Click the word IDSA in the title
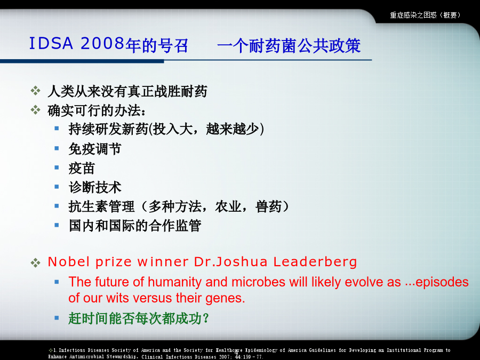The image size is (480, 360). point(51,43)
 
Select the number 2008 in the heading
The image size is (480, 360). point(102,43)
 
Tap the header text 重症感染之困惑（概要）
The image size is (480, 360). point(425,15)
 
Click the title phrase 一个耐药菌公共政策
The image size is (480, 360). point(289,46)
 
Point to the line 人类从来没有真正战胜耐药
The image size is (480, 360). point(127,91)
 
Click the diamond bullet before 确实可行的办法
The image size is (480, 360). point(36,110)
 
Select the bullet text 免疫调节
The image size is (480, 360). point(95,149)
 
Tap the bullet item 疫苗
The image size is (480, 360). point(82,169)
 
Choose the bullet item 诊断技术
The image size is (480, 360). point(95,187)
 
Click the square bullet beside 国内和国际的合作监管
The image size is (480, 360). point(57,225)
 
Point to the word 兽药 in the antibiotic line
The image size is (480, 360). point(268,206)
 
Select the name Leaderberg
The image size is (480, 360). point(315,262)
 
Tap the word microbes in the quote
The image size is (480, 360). point(259,282)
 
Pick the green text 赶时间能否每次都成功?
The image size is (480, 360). point(138,318)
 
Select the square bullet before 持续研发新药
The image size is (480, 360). point(57,128)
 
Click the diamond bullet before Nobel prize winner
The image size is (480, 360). point(36,262)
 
